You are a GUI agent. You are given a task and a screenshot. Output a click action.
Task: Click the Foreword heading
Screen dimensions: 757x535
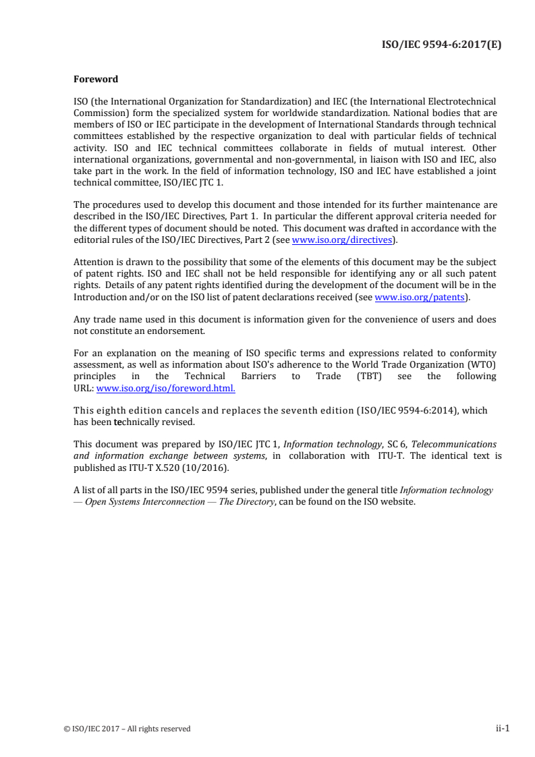(95, 79)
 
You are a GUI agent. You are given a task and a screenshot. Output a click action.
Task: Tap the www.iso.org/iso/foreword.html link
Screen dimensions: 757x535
(166, 388)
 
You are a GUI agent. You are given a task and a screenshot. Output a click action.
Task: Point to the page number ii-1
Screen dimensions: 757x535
(502, 728)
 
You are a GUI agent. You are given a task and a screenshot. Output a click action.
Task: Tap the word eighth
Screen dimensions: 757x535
(111, 410)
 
